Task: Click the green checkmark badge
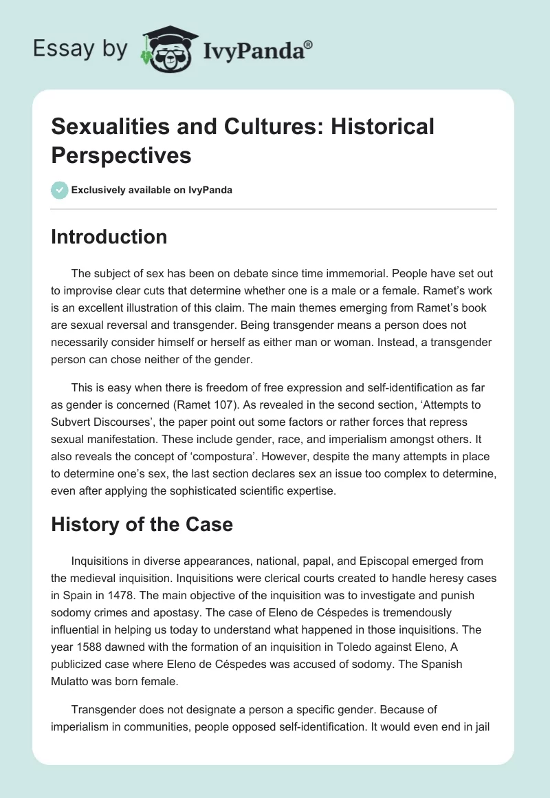60,190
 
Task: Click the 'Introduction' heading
109,237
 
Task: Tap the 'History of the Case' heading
142,525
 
